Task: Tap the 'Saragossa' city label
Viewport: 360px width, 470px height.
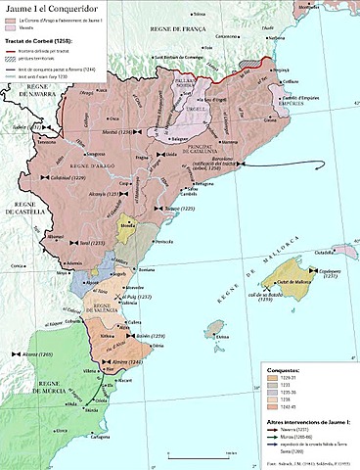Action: tap(94, 155)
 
